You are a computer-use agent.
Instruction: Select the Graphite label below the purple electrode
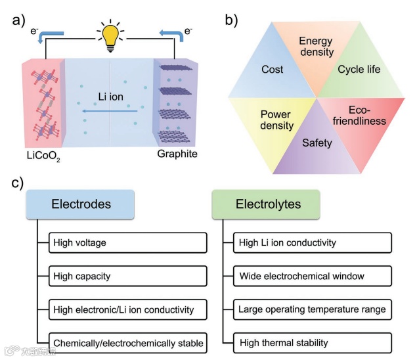click(x=177, y=154)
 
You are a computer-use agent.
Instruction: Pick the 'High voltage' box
click(x=128, y=242)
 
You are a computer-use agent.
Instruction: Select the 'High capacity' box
click(x=128, y=276)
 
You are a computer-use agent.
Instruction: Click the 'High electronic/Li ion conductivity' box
click(x=128, y=309)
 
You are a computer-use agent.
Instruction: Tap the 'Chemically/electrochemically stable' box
click(x=128, y=342)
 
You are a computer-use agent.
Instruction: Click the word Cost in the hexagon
click(x=272, y=69)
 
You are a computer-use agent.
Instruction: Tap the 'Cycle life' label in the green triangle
click(x=359, y=69)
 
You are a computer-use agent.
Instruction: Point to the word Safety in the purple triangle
click(x=317, y=143)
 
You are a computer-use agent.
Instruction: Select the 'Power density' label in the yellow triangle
click(x=275, y=119)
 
